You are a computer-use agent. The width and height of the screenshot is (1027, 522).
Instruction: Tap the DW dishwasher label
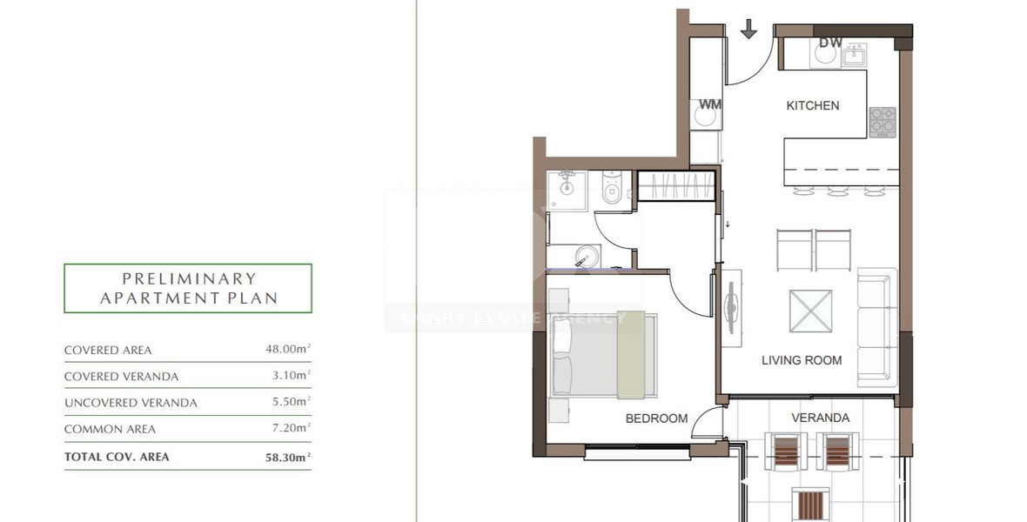coord(830,43)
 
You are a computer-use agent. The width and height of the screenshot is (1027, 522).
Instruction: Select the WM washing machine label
coord(710,104)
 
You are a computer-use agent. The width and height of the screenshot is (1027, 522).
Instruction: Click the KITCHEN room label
coord(812,105)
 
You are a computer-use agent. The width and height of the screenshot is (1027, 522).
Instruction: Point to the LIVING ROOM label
coord(801,359)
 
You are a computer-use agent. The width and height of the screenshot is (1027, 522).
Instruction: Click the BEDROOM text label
coord(656,418)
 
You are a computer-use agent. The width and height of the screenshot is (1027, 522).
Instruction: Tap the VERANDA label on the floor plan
coord(820,418)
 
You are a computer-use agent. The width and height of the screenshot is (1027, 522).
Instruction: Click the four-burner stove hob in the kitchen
coord(883,122)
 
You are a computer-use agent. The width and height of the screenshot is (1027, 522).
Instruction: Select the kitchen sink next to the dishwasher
coord(853,57)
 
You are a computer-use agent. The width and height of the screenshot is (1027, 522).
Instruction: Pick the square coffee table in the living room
coord(810,311)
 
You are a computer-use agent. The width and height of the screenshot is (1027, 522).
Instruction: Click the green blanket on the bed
coord(636,353)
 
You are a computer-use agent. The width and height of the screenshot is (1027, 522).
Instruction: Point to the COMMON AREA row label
coord(110,429)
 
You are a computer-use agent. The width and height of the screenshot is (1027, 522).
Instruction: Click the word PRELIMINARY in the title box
coord(189,279)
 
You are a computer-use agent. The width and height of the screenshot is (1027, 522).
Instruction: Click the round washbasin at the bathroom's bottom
coord(587,257)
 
